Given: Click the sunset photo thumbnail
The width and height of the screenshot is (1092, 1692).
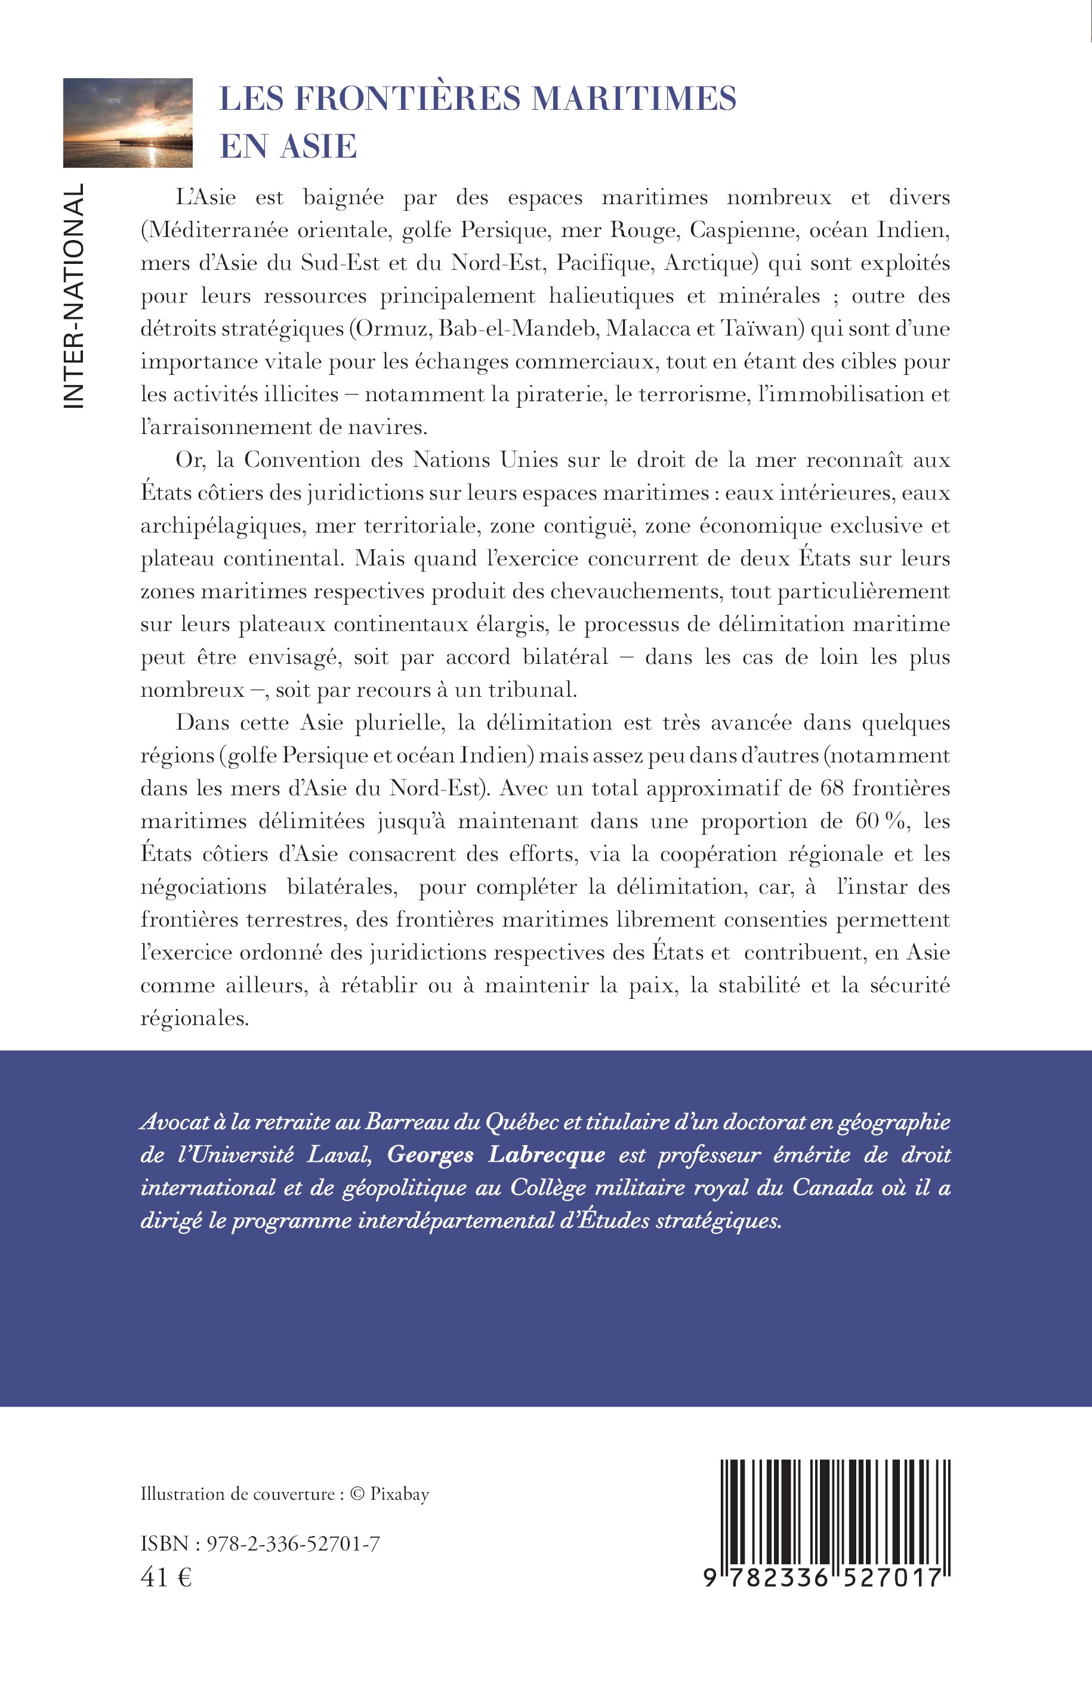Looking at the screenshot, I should tap(128, 123).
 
